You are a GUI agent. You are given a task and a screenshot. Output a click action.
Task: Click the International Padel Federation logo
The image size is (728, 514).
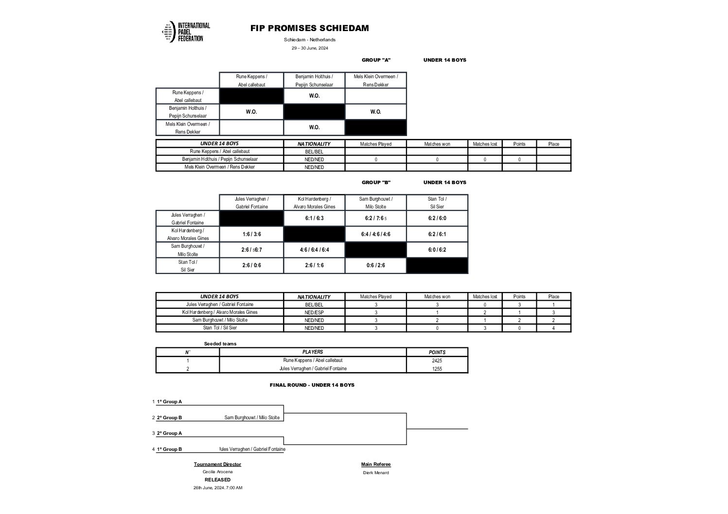186,32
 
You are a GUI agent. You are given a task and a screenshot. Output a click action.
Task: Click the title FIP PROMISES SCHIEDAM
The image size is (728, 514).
309,28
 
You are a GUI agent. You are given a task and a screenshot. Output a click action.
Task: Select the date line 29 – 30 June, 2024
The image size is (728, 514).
310,48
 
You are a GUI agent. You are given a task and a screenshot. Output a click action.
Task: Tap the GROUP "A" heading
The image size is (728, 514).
376,60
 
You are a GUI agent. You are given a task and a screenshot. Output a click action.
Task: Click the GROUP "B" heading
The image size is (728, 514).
376,183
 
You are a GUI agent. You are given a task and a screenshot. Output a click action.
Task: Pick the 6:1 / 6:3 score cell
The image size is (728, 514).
314,218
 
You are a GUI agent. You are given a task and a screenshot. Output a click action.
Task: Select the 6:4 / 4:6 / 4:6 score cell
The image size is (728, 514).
375,234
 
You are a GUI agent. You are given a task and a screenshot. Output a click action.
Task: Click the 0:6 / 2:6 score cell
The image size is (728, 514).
375,265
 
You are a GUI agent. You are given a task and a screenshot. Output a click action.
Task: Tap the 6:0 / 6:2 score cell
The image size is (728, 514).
437,250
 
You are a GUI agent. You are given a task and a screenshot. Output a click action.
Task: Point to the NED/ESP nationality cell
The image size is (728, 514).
314,312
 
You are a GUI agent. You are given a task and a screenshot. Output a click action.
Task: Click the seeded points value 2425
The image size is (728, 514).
437,360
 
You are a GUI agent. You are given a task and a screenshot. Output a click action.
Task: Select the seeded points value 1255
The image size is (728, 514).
437,369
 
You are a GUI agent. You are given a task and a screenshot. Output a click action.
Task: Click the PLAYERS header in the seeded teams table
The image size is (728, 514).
313,352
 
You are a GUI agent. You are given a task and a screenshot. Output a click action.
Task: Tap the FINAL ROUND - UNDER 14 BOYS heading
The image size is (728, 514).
312,385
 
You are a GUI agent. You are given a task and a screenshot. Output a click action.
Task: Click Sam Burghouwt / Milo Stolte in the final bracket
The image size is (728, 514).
252,418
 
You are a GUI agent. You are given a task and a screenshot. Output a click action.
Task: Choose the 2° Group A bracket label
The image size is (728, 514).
169,433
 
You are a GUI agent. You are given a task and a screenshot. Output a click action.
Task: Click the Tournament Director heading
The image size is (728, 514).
217,464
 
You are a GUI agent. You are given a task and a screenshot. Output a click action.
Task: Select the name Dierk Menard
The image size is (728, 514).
376,473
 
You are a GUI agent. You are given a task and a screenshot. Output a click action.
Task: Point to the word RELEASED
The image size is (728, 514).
217,480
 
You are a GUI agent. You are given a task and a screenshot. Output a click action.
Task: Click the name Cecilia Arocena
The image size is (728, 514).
217,472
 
